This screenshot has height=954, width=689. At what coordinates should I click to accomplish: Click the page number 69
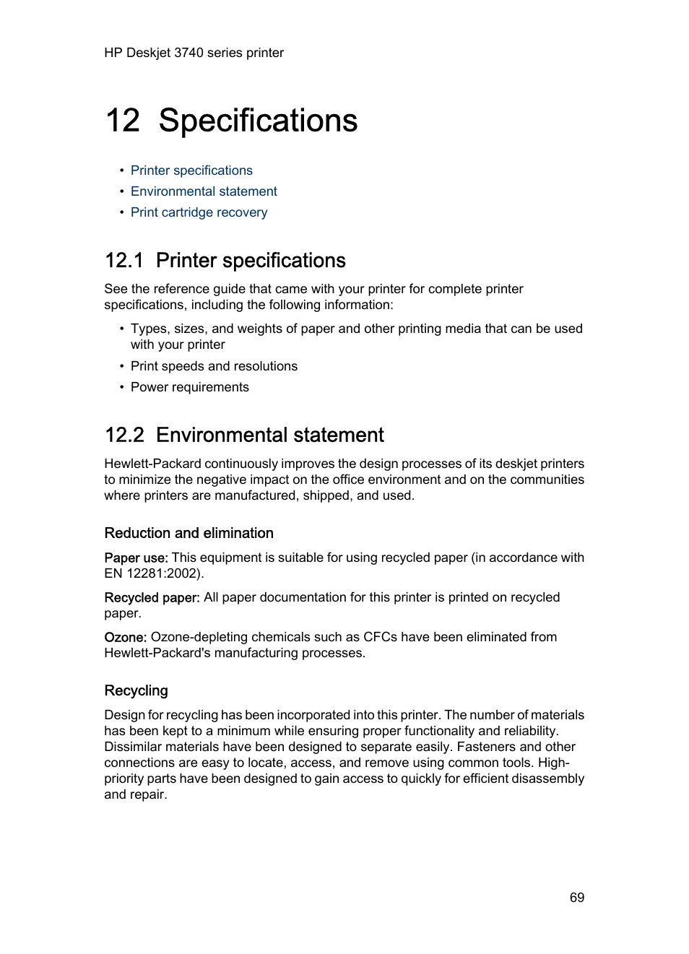click(x=576, y=897)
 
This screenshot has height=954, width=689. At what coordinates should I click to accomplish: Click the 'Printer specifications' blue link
click(x=191, y=170)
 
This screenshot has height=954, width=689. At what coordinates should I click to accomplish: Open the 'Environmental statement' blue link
click(x=204, y=191)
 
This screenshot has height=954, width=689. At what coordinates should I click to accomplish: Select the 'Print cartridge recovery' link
click(x=199, y=212)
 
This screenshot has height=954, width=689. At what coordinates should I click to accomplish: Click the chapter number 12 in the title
click(x=123, y=121)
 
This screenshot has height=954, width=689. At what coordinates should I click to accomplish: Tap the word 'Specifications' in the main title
click(x=258, y=121)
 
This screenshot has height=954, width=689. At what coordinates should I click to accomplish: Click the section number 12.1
click(x=124, y=261)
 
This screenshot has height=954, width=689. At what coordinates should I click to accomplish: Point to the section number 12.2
click(x=124, y=435)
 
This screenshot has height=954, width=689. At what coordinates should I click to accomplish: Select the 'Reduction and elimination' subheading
click(x=188, y=533)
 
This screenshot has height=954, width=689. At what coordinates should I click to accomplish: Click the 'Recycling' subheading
click(x=136, y=690)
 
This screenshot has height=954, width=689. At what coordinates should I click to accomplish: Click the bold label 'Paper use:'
click(x=136, y=558)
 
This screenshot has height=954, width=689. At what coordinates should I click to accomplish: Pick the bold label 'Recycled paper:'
click(x=152, y=597)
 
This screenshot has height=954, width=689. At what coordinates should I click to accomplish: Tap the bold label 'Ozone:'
click(x=125, y=637)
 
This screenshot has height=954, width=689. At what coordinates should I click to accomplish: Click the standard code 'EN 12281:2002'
click(x=152, y=573)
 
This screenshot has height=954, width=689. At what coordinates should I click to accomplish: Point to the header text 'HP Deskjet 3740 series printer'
click(x=194, y=53)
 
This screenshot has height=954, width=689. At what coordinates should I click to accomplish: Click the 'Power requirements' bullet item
click(x=189, y=387)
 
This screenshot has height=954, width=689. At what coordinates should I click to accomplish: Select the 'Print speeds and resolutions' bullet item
click(x=214, y=366)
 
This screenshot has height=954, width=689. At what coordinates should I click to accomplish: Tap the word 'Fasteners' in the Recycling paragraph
click(x=485, y=747)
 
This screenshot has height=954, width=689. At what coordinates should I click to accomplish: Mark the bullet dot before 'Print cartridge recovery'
click(x=122, y=212)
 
